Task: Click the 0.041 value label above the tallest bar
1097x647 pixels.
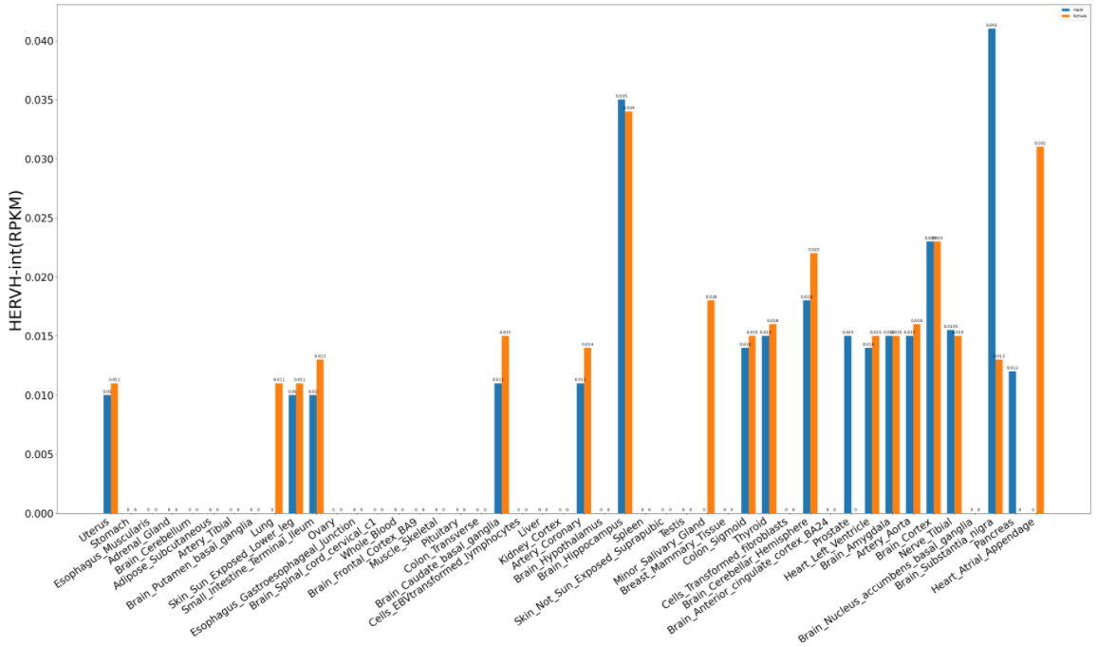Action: [992, 26]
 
